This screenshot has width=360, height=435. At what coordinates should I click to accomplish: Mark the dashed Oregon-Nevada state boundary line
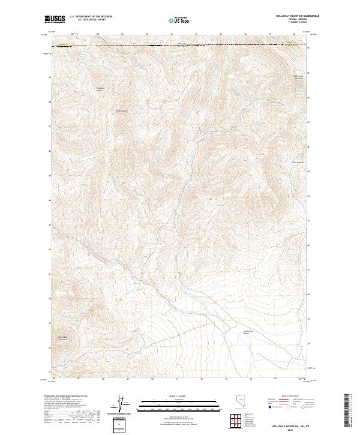pos(180,46)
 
